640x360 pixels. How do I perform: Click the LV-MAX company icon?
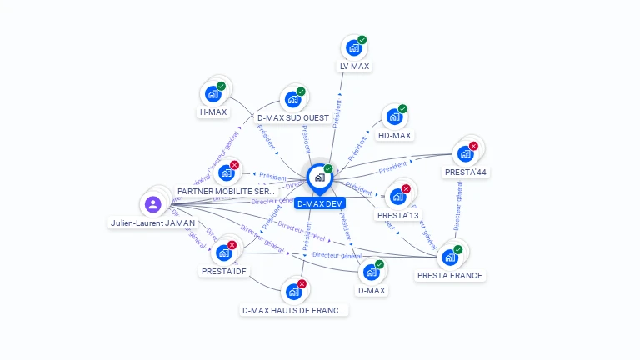[353, 48]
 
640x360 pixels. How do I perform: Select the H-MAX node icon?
[212, 94]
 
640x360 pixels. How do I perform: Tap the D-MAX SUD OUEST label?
[292, 117]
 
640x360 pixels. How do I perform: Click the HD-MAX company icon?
[394, 117]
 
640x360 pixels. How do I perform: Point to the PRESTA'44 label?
[465, 172]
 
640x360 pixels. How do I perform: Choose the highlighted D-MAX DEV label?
[319, 203]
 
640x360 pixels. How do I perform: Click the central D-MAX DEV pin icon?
[319, 177]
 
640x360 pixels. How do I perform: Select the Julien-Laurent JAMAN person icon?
[152, 204]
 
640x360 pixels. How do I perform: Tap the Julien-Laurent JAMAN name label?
[152, 223]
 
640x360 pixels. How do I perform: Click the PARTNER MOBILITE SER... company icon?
[226, 173]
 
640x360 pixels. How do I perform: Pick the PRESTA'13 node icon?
[397, 197]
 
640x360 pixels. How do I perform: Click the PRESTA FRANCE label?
[450, 275]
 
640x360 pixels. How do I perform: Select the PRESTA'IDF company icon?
[223, 252]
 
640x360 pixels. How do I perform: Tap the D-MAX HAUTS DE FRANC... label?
[293, 310]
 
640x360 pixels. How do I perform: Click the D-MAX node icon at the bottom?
[371, 272]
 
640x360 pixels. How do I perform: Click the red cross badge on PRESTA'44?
[473, 146]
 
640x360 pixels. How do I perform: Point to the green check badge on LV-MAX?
[362, 40]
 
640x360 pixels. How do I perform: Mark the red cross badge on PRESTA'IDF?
[232, 245]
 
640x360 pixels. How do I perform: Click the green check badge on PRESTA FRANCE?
[458, 249]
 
